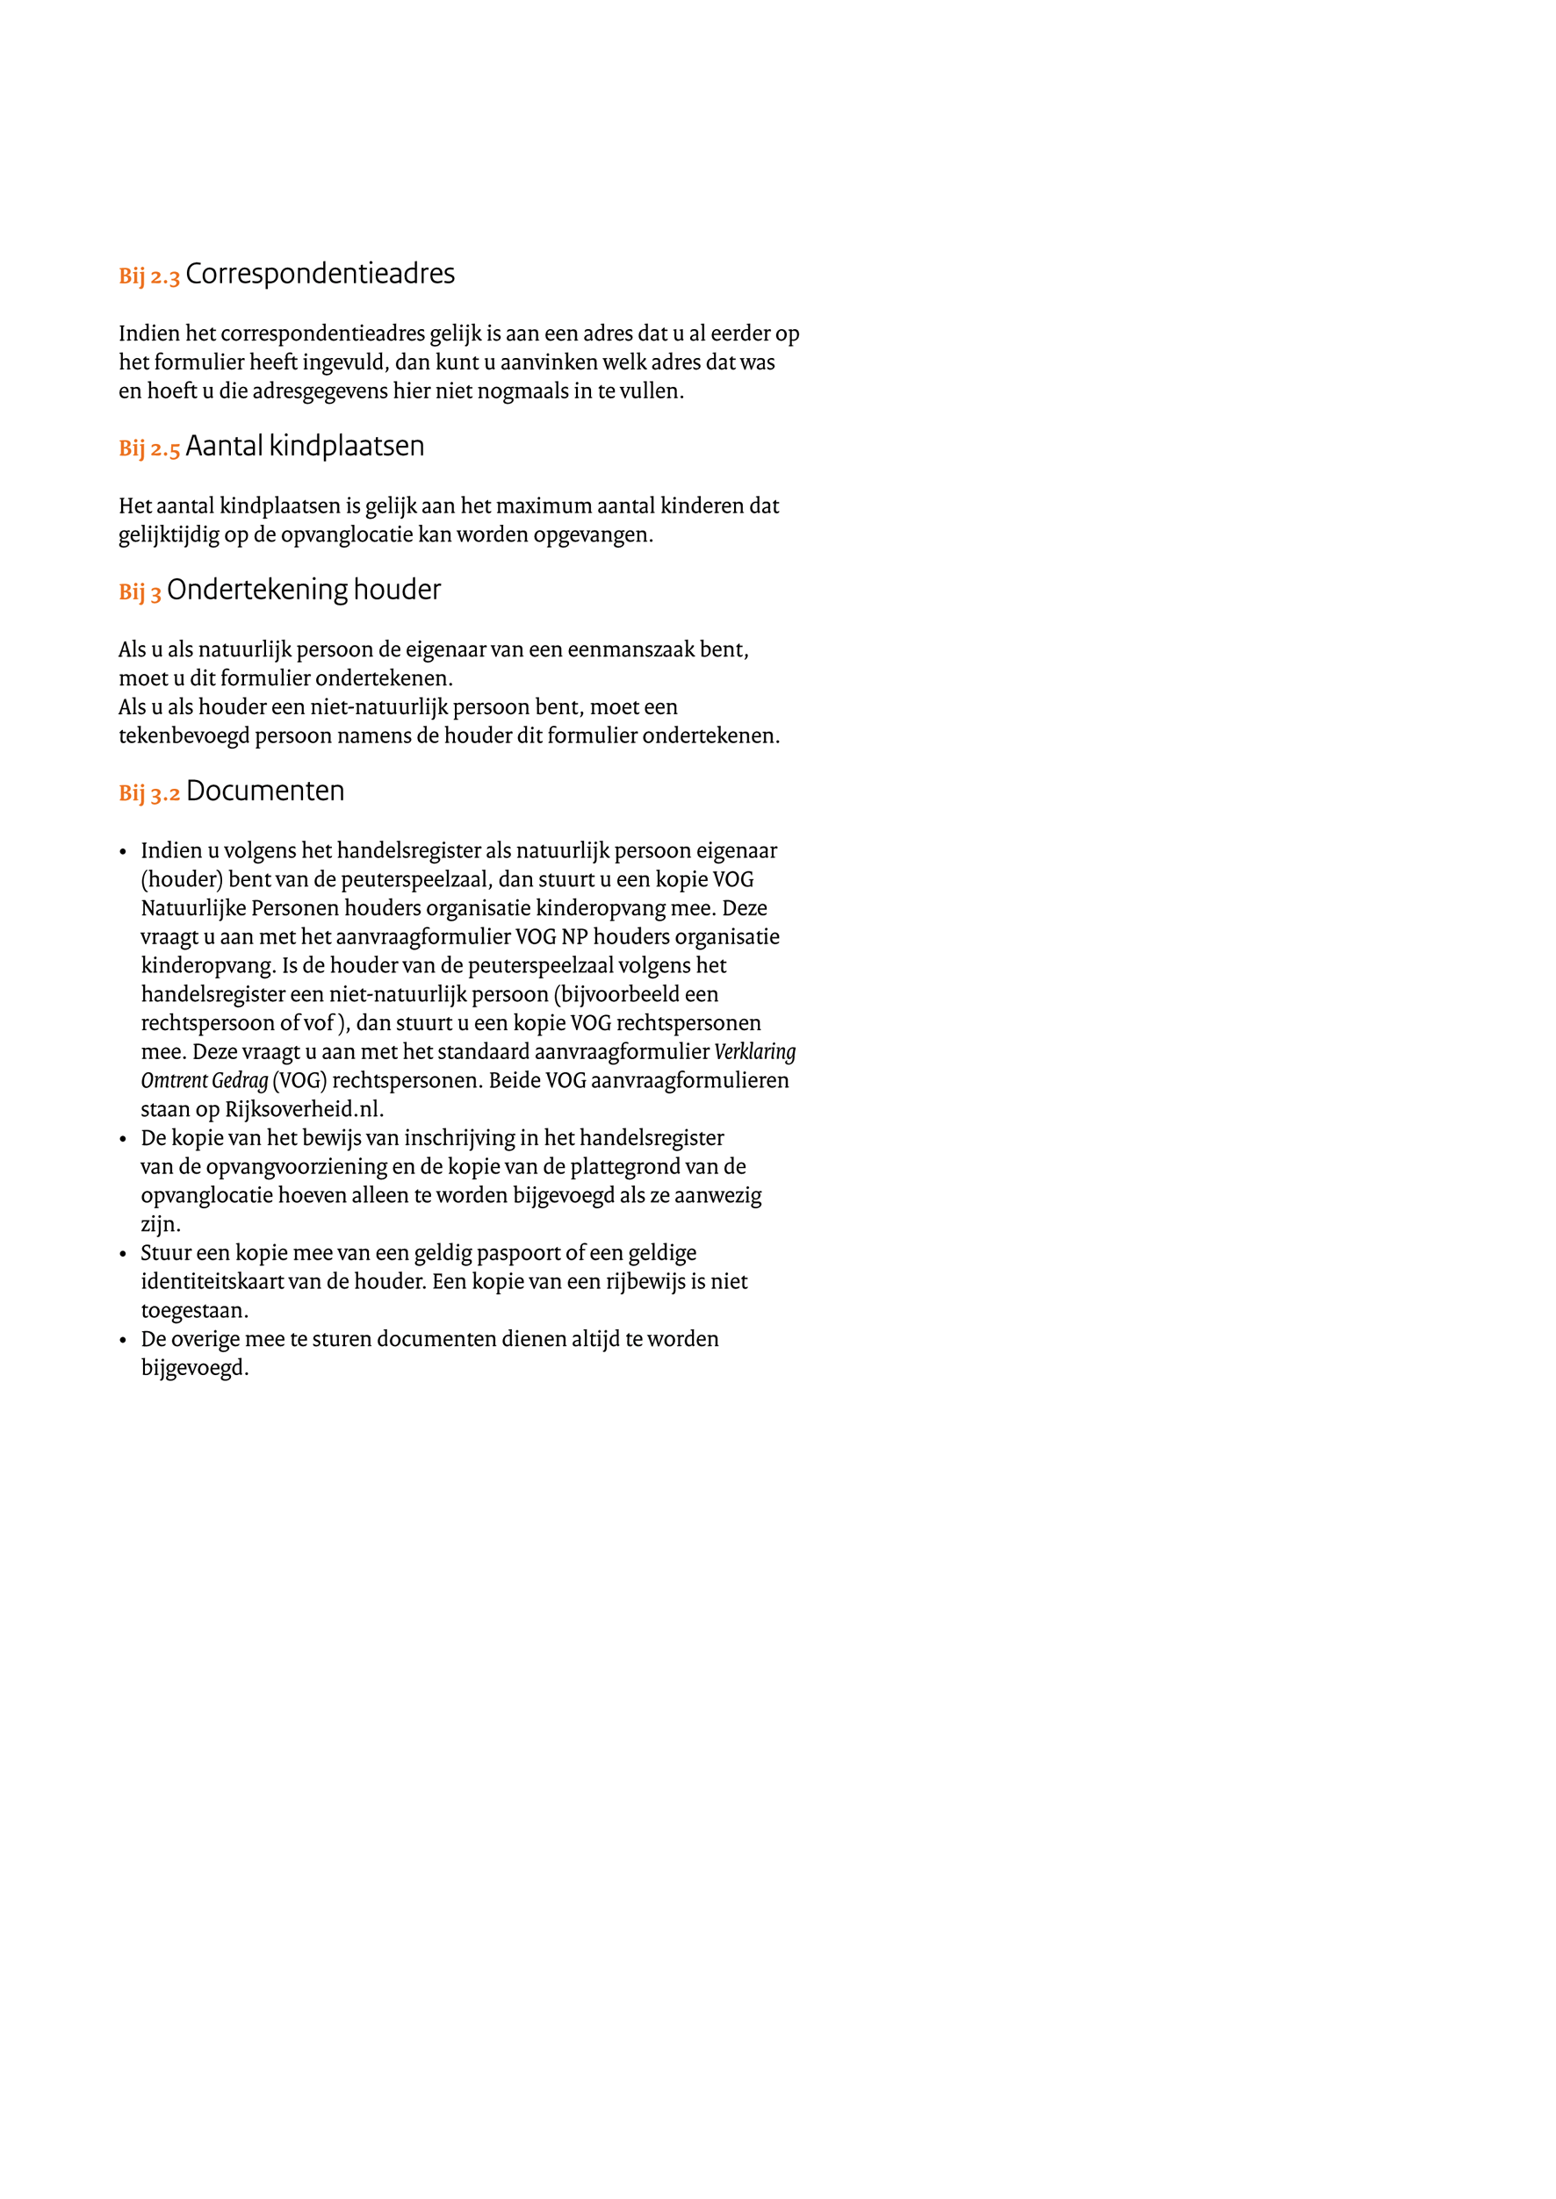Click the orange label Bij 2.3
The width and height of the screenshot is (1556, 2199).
[148, 276]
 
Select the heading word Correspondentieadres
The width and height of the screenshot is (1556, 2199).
[320, 274]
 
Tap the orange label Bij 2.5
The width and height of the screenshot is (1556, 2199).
[148, 449]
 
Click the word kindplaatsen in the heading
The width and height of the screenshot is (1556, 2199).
[346, 447]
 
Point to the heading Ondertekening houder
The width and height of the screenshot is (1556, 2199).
[304, 590]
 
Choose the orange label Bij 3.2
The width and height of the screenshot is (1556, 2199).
[148, 794]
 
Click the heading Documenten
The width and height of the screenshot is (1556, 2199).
[265, 791]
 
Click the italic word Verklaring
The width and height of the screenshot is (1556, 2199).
[755, 1051]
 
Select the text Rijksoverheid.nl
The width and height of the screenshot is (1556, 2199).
[304, 1109]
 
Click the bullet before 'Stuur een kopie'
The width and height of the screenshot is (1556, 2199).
[123, 1254]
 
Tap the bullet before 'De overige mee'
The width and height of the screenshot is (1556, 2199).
[123, 1340]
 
